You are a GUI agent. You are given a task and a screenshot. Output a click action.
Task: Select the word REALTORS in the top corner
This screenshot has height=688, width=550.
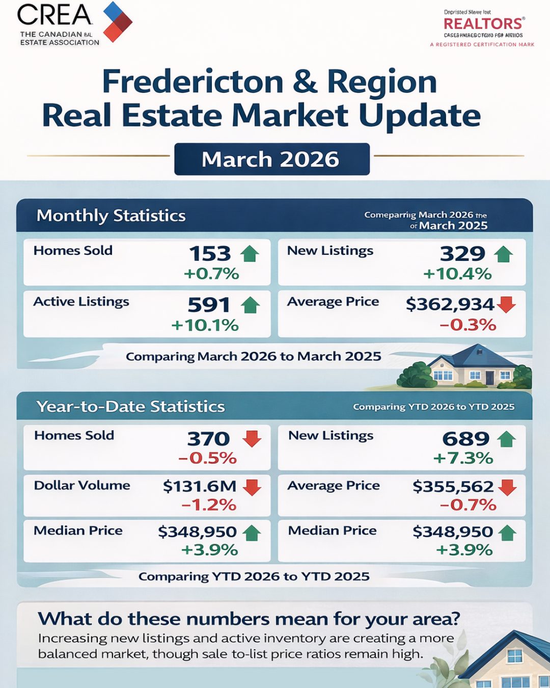[483, 23]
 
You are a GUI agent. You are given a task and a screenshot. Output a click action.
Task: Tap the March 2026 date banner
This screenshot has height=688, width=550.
[271, 160]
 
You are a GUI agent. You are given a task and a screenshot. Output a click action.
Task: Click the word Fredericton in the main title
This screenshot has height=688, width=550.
[193, 82]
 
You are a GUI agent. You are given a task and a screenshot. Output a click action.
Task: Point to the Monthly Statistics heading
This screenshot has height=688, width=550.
[111, 216]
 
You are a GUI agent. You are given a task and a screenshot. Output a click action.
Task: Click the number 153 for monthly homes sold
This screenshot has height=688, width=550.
[210, 253]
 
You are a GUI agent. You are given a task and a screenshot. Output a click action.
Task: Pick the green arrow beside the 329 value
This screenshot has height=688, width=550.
[503, 253]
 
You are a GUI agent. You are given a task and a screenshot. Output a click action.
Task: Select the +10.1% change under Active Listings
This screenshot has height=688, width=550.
[205, 325]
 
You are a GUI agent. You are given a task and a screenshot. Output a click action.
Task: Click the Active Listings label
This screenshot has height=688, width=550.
[81, 302]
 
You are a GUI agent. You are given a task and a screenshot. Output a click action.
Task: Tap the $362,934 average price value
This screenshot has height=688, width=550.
[450, 304]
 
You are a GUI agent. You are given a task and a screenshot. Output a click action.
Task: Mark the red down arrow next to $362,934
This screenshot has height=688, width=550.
[506, 304]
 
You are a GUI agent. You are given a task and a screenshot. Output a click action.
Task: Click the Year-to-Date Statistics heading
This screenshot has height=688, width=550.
[130, 407]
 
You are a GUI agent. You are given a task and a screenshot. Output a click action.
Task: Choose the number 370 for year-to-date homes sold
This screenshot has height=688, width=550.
[208, 439]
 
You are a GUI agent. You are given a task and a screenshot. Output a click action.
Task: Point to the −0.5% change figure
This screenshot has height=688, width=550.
[207, 458]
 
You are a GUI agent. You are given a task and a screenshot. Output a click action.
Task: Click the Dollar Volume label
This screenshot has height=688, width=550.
[82, 485]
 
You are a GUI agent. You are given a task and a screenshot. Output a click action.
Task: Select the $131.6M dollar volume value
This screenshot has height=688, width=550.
[200, 486]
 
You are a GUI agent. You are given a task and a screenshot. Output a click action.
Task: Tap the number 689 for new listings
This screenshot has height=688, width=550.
[465, 439]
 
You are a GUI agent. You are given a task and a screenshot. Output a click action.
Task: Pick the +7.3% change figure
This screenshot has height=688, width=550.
[463, 458]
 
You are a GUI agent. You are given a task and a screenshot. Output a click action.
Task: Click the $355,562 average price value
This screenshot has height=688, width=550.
[453, 487]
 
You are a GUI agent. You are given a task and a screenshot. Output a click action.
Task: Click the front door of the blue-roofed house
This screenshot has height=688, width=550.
[489, 378]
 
